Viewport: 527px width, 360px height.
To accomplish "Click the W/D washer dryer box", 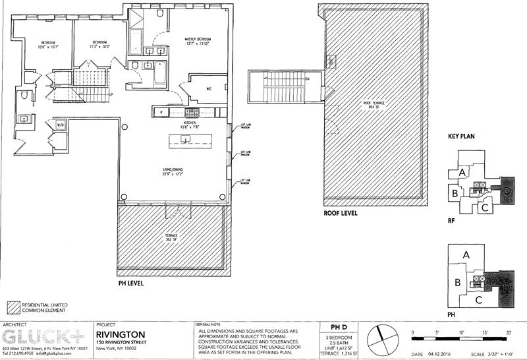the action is [59, 124].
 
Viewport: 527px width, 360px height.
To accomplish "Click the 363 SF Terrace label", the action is [171, 237].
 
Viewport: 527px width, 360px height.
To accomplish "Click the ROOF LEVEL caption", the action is [342, 214].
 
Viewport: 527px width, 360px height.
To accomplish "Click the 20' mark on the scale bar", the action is [509, 332].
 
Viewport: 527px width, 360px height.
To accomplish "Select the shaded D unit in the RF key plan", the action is [506, 191].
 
